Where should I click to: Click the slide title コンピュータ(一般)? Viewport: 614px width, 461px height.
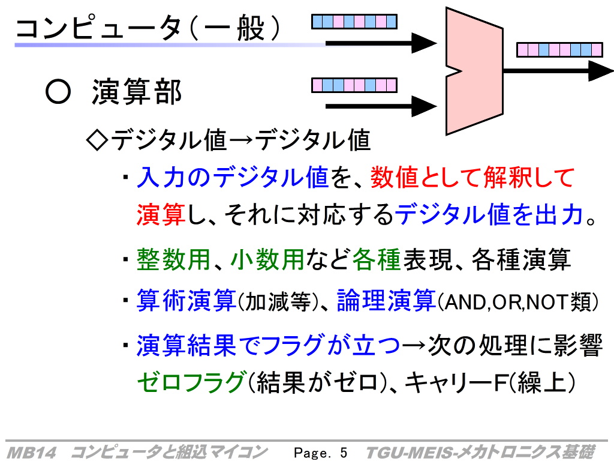(x=148, y=28)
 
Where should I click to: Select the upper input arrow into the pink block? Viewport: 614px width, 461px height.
(x=381, y=43)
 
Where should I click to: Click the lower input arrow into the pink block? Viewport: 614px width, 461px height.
(x=381, y=106)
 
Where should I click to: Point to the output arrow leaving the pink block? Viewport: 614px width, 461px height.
(x=558, y=71)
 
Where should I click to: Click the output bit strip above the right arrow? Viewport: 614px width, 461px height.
(x=559, y=50)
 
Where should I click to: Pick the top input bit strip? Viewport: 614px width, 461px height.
(x=354, y=22)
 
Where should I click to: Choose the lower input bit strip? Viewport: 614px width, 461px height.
(x=354, y=85)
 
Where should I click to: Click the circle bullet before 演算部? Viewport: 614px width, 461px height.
(x=58, y=92)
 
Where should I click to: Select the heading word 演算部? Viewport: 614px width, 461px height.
(x=137, y=92)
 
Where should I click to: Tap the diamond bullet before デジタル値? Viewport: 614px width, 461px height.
(x=97, y=140)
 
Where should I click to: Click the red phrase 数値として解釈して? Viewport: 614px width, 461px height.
(x=472, y=177)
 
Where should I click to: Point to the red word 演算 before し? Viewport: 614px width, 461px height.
(x=161, y=214)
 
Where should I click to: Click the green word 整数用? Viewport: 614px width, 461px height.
(x=173, y=259)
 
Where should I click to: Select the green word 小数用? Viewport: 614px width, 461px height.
(x=267, y=259)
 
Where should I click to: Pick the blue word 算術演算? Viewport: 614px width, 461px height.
(x=186, y=301)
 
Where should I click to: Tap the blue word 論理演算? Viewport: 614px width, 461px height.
(x=386, y=301)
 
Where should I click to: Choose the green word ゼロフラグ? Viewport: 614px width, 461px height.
(x=191, y=382)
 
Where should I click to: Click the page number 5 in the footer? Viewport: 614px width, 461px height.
(x=344, y=453)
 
